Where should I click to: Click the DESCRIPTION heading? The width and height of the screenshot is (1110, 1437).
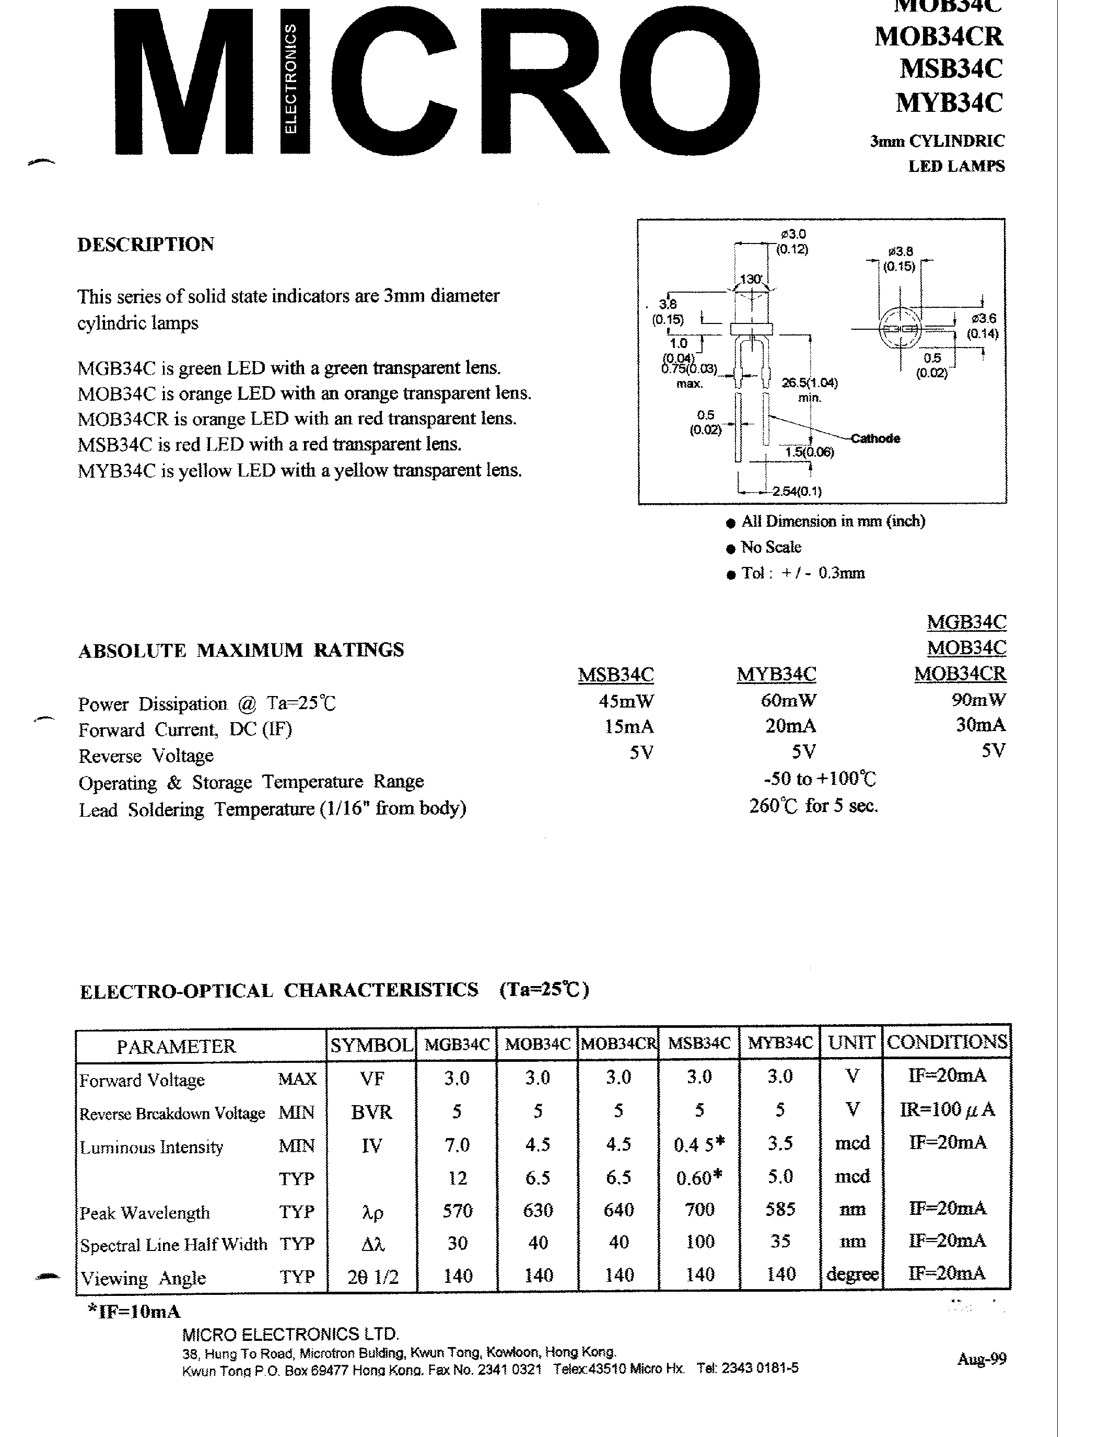point(145,244)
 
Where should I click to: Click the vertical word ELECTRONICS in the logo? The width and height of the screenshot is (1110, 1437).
point(290,79)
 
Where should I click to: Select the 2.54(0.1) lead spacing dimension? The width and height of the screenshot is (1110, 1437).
point(797,491)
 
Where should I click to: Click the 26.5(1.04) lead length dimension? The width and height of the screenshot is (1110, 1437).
point(809,383)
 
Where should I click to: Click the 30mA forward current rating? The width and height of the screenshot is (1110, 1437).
point(980,725)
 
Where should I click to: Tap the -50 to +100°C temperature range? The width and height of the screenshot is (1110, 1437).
point(820,779)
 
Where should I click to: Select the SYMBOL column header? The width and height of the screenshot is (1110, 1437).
point(371,1046)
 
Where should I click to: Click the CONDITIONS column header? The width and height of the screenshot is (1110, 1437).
point(947,1042)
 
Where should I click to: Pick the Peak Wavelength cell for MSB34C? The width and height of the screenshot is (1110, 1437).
point(699,1209)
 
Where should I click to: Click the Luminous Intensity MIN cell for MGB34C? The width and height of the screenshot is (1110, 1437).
point(457,1145)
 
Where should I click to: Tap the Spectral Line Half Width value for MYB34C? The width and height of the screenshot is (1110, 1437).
point(780,1242)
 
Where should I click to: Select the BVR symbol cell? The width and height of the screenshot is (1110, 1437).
point(371,1112)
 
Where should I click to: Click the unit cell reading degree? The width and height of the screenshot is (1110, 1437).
point(852,1274)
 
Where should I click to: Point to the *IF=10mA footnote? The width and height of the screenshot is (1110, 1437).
point(134,1312)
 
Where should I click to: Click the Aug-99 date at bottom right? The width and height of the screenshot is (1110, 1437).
point(981,1358)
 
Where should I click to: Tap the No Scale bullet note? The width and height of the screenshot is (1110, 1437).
point(770,548)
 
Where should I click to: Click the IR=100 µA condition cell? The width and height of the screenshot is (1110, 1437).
point(947,1110)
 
